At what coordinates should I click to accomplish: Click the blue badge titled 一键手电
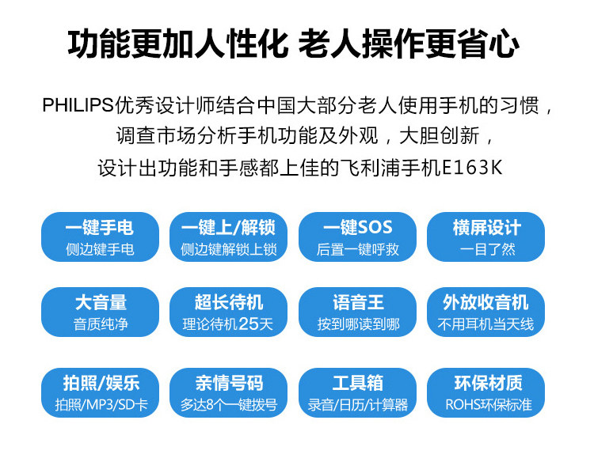click(100, 237)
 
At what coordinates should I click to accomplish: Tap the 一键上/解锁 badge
click(228, 237)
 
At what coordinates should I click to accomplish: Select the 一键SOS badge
click(357, 237)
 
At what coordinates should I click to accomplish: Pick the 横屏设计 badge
click(486, 237)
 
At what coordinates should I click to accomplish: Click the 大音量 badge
click(100, 312)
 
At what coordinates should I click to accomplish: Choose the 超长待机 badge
click(228, 312)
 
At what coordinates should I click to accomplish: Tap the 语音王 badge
click(357, 312)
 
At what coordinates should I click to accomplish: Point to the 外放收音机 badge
click(486, 312)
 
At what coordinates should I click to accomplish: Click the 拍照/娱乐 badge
click(100, 392)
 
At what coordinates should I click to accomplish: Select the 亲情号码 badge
click(228, 392)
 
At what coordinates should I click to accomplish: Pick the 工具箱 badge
click(357, 392)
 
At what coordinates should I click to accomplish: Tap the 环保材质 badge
click(486, 392)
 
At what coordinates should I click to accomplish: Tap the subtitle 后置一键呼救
click(357, 249)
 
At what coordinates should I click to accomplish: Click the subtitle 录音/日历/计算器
click(357, 405)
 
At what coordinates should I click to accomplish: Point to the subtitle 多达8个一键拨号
click(228, 405)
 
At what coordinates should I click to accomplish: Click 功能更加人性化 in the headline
click(177, 45)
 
